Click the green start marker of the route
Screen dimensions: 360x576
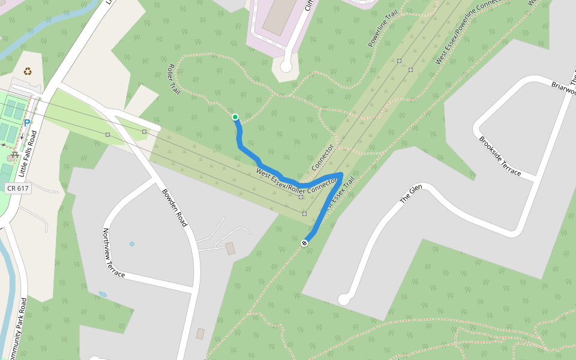pos(235,117)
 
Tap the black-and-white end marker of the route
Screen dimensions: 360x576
pos(305,242)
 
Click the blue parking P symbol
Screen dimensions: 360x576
pos(27,123)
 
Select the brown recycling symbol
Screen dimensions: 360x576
pos(28,71)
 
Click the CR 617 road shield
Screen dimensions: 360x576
pos(17,188)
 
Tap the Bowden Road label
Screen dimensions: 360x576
pos(175,208)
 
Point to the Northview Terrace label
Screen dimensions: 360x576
pos(113,253)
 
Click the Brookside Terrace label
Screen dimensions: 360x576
pos(500,156)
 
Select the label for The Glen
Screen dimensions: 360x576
pos(412,195)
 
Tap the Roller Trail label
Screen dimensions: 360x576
pos(174,79)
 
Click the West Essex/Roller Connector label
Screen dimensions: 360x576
pos(296,182)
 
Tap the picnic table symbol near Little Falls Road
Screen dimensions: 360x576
pos(13,157)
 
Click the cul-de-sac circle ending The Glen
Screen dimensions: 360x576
pos(344,299)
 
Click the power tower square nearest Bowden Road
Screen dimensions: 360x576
pos(144,131)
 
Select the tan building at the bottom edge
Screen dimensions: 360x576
pos(200,334)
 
